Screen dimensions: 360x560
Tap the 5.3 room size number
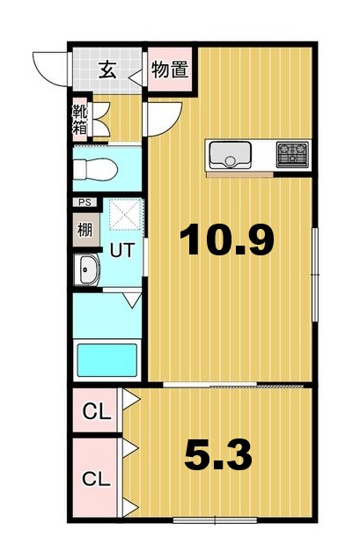point(218,454)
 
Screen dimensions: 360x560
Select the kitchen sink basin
point(230,155)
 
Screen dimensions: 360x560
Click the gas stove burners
point(292,155)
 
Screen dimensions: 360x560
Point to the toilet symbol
point(95,169)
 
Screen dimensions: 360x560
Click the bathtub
point(107,359)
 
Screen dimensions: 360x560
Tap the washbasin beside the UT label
point(87,269)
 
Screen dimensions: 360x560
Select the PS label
point(85,203)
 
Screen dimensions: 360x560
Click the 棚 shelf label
point(85,230)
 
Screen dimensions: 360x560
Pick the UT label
point(122,250)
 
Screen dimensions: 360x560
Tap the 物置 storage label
point(170,70)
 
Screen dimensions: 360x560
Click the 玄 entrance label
point(107,70)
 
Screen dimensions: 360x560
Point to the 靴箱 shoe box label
point(79,119)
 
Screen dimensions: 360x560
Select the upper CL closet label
point(97,412)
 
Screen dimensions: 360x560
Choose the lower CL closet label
point(97,479)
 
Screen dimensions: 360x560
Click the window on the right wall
point(315,275)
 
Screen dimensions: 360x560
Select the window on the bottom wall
point(215,520)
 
